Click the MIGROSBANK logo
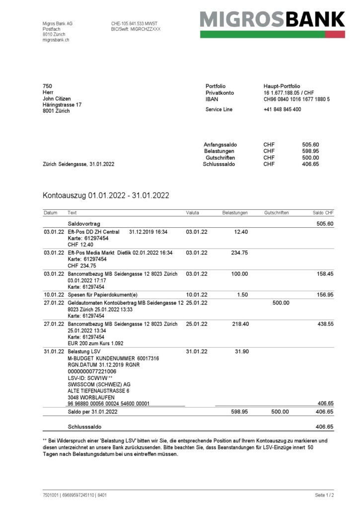tap(272, 20)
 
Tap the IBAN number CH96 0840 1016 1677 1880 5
tap(296, 100)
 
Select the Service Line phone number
tap(282, 109)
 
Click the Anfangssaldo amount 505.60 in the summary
tap(310, 144)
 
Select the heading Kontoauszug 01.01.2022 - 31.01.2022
tap(106, 195)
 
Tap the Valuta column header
tap(193, 212)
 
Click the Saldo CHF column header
tap(323, 212)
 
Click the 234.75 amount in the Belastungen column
tap(239, 253)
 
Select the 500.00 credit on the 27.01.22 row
tap(281, 303)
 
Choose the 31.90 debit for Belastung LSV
tap(241, 352)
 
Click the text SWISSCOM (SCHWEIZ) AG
tap(99, 384)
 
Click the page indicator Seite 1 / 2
tap(324, 495)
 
